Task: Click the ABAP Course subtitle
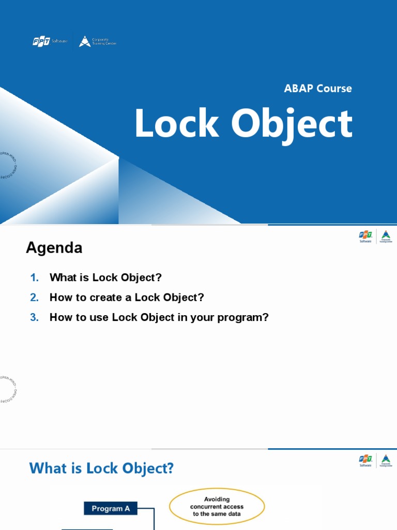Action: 317,89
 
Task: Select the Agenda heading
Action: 54,248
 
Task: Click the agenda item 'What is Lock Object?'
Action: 105,277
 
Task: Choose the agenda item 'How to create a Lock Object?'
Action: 127,298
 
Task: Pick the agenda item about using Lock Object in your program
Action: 159,317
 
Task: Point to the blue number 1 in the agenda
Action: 35,277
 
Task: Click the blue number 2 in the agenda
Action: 35,298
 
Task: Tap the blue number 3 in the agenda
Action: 35,317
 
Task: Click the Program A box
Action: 110,508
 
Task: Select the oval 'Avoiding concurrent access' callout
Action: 217,507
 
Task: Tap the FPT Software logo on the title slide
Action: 50,42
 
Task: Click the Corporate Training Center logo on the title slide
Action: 98,42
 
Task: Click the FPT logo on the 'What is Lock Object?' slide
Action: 365,461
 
